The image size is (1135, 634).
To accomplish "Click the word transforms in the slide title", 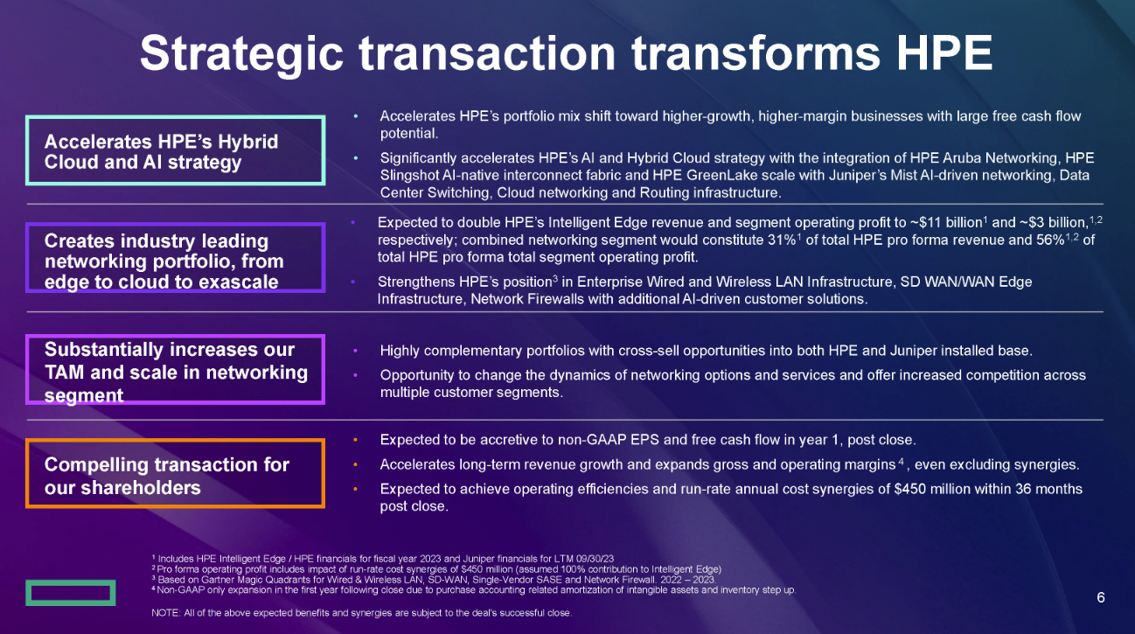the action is tap(756, 52).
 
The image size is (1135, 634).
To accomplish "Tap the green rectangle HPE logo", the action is tap(71, 592).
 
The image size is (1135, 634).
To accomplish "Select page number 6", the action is tap(1101, 597).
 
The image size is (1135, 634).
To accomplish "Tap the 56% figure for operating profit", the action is tap(1050, 240).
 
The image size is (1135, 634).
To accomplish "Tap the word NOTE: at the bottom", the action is tap(165, 613).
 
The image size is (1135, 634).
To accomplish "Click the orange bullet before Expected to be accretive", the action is tap(355, 440).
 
